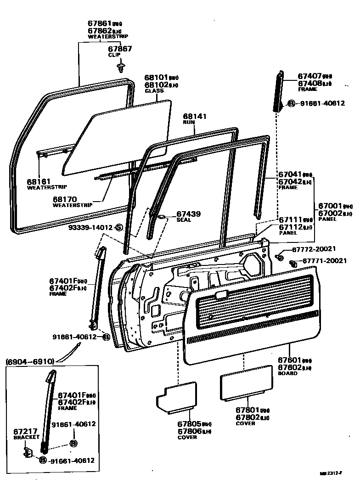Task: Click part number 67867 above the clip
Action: [x=120, y=49]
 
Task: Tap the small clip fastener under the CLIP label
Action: [x=120, y=67]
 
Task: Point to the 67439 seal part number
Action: [x=188, y=214]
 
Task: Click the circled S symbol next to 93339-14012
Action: [x=118, y=227]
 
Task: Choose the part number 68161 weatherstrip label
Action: [x=39, y=182]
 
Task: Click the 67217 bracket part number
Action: [x=25, y=432]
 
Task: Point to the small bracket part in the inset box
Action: [x=28, y=453]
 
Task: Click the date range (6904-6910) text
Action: [x=30, y=362]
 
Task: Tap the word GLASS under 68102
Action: [x=154, y=91]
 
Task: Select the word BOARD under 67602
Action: [x=288, y=373]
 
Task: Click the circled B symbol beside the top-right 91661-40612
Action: [x=292, y=103]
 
